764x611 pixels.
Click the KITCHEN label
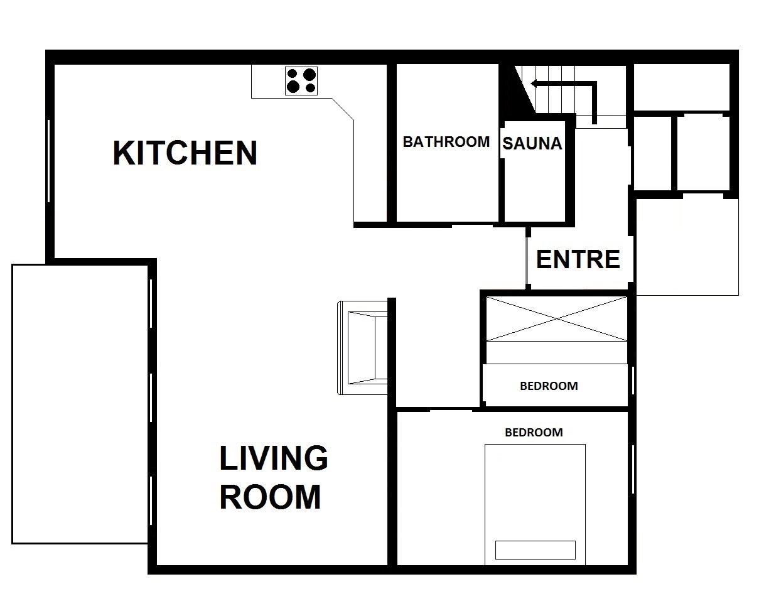click(x=185, y=153)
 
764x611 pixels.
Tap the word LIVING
click(x=273, y=458)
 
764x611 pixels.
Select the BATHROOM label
click(x=446, y=142)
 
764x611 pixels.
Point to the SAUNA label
click(x=532, y=144)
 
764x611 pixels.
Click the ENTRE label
click(x=578, y=259)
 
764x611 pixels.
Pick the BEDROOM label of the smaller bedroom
click(x=549, y=386)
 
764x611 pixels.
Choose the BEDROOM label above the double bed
click(x=534, y=432)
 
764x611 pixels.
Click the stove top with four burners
click(x=301, y=81)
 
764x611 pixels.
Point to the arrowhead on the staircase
click(x=535, y=84)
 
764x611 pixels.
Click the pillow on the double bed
click(x=535, y=550)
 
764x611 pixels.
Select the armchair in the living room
click(x=362, y=348)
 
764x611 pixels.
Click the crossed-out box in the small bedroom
click(x=556, y=318)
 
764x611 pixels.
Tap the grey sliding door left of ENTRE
click(x=527, y=260)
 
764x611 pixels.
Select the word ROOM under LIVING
click(x=270, y=497)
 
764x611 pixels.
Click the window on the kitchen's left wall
click(x=48, y=161)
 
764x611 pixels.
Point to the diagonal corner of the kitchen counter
click(x=343, y=109)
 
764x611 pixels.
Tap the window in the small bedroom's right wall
click(x=633, y=381)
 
